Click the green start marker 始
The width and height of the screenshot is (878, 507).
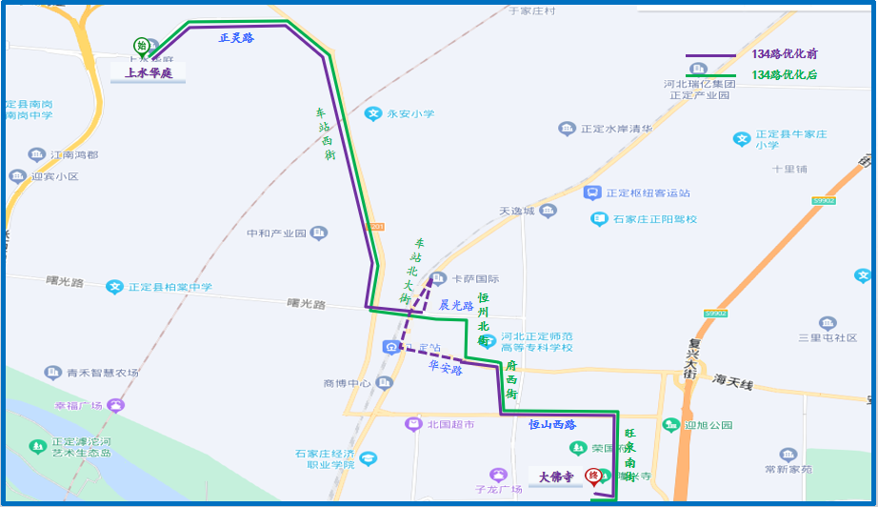point(141,45)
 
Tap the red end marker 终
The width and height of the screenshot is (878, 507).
point(592,476)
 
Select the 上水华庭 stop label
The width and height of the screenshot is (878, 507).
point(149,72)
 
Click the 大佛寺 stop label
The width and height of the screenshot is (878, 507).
point(555,476)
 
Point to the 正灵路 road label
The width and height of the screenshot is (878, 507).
point(236,38)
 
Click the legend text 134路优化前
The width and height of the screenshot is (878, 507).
point(785,54)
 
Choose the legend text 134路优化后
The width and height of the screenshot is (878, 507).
point(785,74)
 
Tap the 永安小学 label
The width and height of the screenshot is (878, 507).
point(409,114)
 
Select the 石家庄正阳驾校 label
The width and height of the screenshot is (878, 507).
point(654,219)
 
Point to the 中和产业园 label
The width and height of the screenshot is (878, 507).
point(276,233)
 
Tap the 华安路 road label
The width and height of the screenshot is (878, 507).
point(445,366)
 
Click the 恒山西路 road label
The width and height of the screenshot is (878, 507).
point(553,423)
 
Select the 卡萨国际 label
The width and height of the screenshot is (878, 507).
point(475,279)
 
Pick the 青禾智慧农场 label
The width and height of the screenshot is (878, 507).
point(102,373)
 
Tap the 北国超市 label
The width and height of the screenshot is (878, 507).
point(450,424)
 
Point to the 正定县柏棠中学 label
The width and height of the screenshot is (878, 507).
point(170,287)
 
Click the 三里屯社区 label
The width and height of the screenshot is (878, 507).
point(828,338)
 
